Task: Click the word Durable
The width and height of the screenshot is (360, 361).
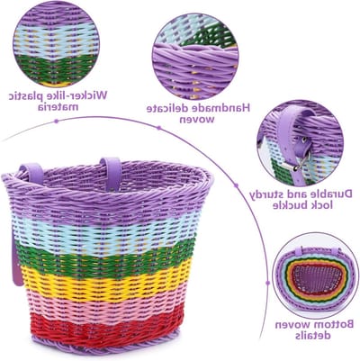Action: coord(332,194)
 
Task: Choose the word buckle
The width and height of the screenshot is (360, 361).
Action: coord(293,205)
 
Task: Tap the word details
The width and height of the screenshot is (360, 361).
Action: coord(313,335)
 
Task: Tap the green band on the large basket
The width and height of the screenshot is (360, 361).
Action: coord(106,257)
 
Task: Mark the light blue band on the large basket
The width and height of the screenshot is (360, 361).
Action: coord(105,233)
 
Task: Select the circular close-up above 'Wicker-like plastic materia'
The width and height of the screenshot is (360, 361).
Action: coord(56,44)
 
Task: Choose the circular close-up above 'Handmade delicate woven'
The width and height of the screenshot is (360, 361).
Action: coord(195,57)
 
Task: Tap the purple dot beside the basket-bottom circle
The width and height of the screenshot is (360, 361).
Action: coord(268,283)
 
